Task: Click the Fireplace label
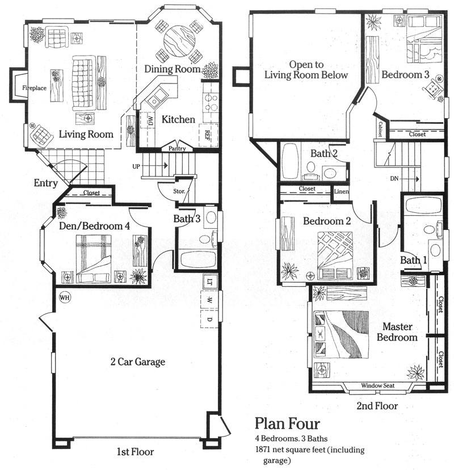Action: (x=34, y=88)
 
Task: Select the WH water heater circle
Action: (x=65, y=297)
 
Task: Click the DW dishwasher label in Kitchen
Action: (x=150, y=121)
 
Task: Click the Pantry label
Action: (x=177, y=148)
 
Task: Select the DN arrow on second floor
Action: (x=410, y=179)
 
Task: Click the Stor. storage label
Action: (x=179, y=191)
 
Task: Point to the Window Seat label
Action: (x=377, y=385)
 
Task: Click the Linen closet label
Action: (x=341, y=191)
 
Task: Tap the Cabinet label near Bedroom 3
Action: (x=380, y=129)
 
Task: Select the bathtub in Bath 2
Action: (x=291, y=161)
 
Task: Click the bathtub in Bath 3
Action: (x=199, y=259)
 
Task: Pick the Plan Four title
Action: (x=287, y=423)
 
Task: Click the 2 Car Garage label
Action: (x=138, y=362)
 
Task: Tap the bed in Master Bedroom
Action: (x=341, y=334)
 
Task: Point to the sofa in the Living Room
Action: (x=83, y=82)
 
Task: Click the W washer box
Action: (x=209, y=300)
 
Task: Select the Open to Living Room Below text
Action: (x=306, y=70)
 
